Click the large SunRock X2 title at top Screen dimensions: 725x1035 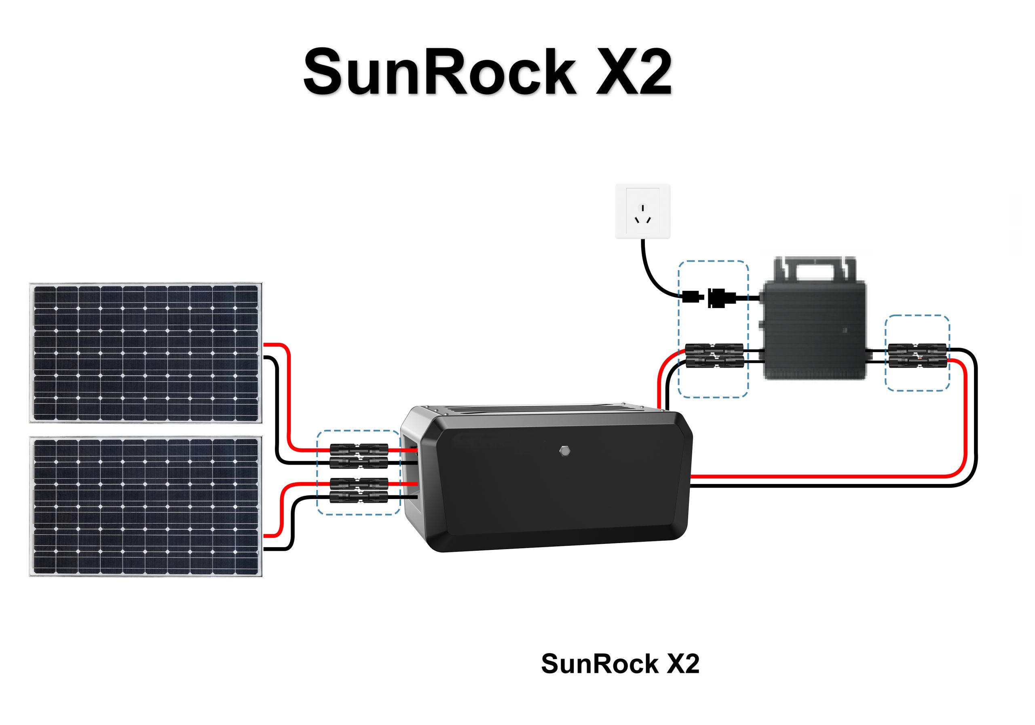click(487, 72)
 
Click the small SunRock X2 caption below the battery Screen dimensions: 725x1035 click(620, 664)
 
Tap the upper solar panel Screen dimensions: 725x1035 click(146, 353)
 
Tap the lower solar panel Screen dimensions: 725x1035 click(146, 506)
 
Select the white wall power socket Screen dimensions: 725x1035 click(642, 211)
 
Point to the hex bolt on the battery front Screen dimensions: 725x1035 click(564, 450)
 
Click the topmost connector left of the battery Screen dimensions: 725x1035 click(359, 450)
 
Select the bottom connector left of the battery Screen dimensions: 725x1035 click(359, 497)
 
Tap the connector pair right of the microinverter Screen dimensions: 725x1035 click(917, 356)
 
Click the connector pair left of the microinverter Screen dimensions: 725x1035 click(714, 355)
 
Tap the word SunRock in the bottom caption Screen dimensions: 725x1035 click(600, 664)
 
